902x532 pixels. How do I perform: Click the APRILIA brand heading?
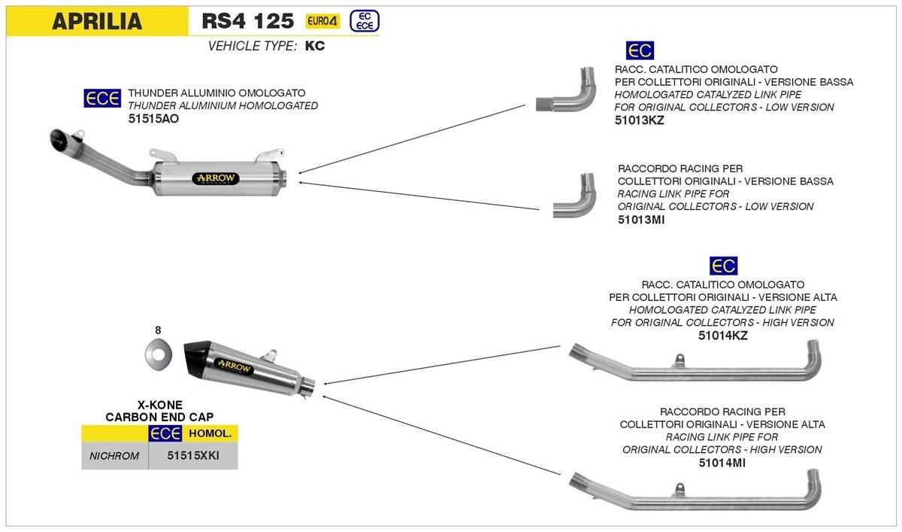[x=97, y=21]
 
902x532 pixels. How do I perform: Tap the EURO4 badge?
[x=323, y=21]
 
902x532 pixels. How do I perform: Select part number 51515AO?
[x=153, y=119]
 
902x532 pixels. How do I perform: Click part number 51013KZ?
[x=640, y=120]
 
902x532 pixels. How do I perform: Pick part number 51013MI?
[x=640, y=219]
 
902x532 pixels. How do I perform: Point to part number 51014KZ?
[x=723, y=336]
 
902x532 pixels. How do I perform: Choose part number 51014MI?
[x=722, y=463]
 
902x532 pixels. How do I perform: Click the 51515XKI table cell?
[x=193, y=455]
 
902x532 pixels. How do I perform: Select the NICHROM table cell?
[x=114, y=455]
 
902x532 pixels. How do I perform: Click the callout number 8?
[x=158, y=330]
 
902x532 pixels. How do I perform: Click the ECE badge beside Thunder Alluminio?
[x=101, y=99]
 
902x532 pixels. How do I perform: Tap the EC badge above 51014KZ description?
[x=723, y=266]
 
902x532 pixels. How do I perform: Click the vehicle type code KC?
[x=315, y=46]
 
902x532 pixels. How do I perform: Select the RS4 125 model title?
[x=247, y=21]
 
